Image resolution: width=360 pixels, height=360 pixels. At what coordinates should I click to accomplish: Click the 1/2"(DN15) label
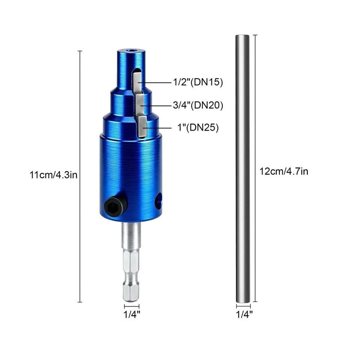198,82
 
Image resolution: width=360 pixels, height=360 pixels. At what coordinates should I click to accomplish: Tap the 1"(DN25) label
198,128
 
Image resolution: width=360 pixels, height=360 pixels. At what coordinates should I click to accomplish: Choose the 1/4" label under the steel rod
244,314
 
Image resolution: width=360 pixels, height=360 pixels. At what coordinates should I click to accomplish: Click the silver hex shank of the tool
129,261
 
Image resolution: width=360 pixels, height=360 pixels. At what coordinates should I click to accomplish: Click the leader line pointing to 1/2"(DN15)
155,82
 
